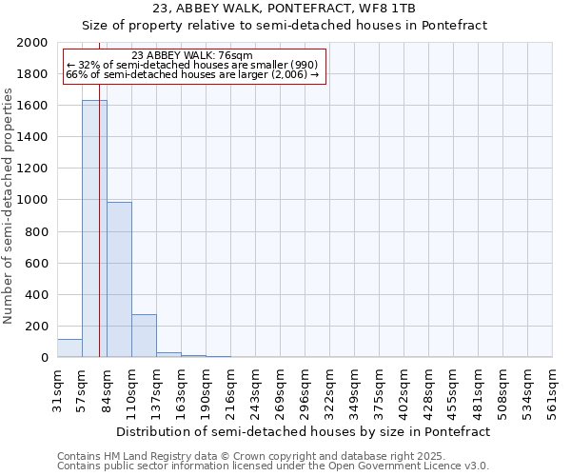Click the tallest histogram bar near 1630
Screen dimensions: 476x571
(94, 228)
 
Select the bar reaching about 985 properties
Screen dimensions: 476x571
(119, 280)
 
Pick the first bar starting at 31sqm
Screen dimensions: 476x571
(69, 348)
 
